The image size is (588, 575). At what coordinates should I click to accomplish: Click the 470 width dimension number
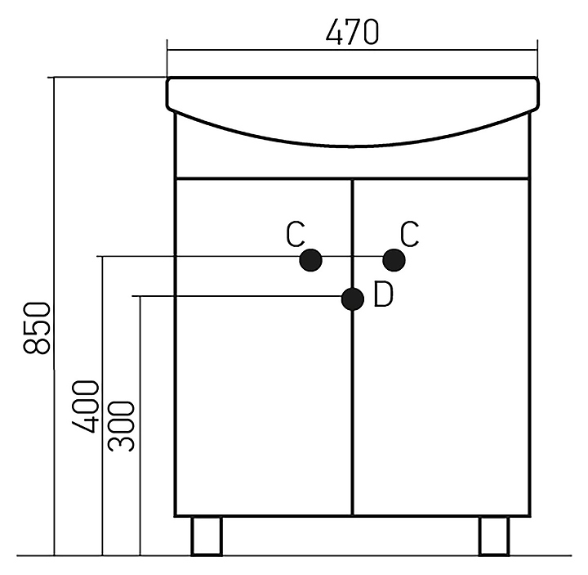tap(352, 32)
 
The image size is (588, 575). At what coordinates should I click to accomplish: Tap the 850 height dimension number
tap(37, 328)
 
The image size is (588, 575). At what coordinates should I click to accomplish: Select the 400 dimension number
tap(85, 407)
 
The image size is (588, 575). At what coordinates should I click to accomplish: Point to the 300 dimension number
tap(121, 426)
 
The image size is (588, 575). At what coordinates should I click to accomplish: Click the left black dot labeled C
tap(311, 260)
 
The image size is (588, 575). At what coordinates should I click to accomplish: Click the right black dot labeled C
tap(394, 260)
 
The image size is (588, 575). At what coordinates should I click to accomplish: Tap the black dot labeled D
tap(353, 299)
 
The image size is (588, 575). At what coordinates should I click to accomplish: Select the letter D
tap(384, 294)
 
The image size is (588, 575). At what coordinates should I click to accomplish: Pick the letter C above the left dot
tap(296, 235)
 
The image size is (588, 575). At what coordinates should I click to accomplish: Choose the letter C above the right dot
tap(409, 235)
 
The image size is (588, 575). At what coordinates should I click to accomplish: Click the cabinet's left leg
tap(207, 536)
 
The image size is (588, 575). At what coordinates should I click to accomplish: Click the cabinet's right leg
tap(494, 536)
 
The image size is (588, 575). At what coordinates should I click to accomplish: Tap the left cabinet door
tap(264, 347)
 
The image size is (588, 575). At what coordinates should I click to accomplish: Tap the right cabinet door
tap(441, 347)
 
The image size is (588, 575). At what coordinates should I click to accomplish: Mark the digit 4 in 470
tap(334, 32)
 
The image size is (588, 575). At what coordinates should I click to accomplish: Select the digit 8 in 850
tap(37, 345)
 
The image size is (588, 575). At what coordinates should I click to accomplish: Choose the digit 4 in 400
tap(85, 425)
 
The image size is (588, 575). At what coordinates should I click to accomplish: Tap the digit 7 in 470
tap(352, 32)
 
